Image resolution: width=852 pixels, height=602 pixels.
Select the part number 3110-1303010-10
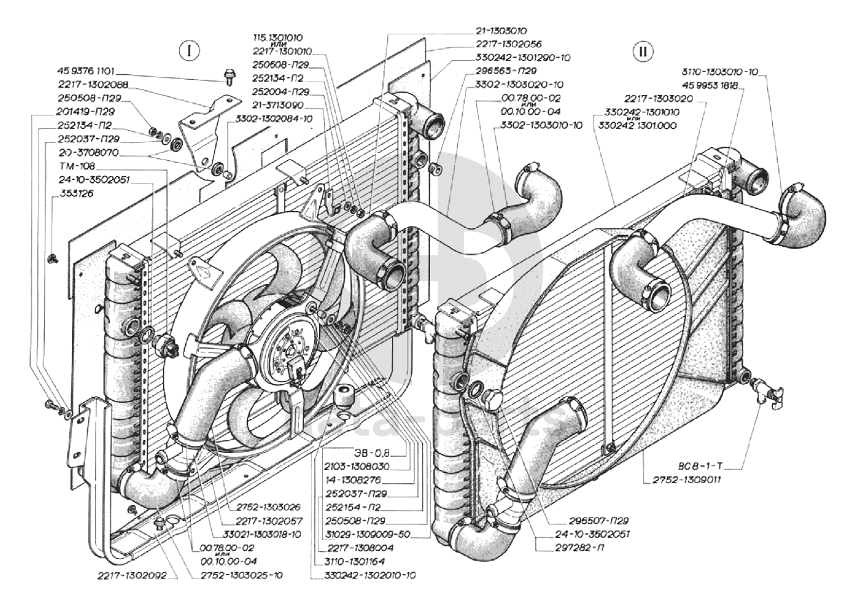pyautogui.click(x=733, y=70)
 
